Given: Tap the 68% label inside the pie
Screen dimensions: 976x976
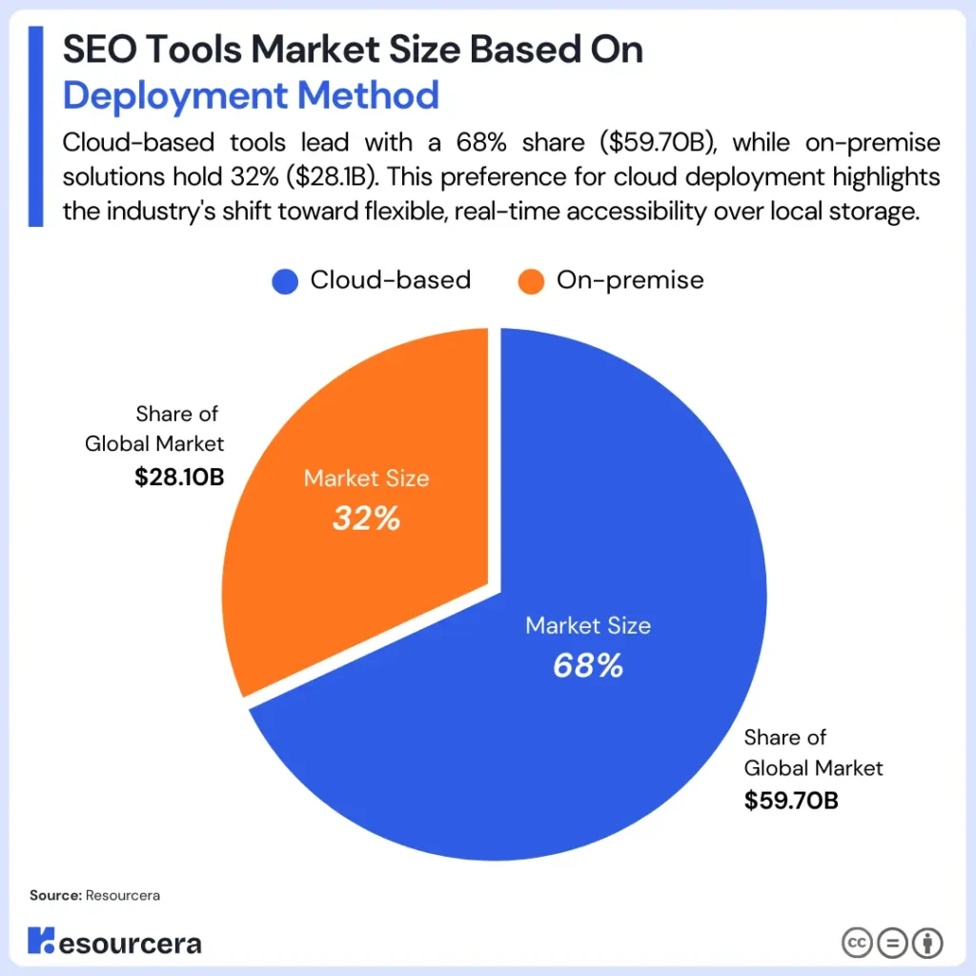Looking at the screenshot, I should pyautogui.click(x=588, y=665).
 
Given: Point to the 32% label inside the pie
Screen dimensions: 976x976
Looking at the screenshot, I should pyautogui.click(x=366, y=518).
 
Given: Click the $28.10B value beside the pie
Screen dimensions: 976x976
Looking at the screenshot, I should pyautogui.click(x=179, y=476).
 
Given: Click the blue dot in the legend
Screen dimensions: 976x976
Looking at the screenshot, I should pyautogui.click(x=285, y=281).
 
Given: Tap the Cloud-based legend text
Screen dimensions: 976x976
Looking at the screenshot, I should pyautogui.click(x=390, y=280).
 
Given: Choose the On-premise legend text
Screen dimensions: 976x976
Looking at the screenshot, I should pyautogui.click(x=629, y=280).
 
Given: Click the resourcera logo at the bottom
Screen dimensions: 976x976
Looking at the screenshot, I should pyautogui.click(x=114, y=943).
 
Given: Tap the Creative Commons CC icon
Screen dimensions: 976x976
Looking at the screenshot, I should pyautogui.click(x=857, y=944).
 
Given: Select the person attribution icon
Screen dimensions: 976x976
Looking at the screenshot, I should pyautogui.click(x=927, y=944).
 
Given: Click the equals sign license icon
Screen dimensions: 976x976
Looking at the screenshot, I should pyautogui.click(x=892, y=944).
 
